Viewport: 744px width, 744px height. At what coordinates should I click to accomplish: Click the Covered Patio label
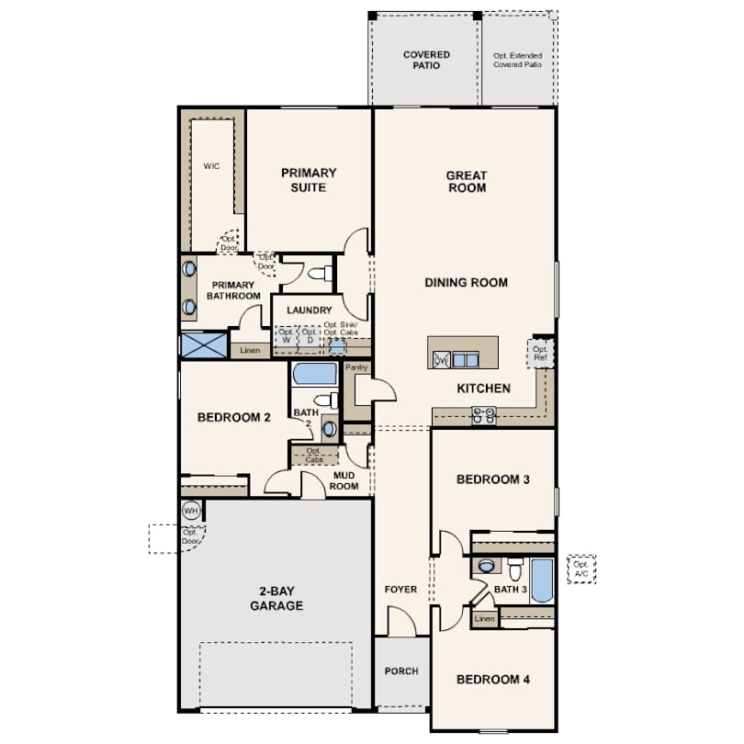(x=426, y=61)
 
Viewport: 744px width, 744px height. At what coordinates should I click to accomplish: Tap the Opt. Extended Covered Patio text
(x=517, y=61)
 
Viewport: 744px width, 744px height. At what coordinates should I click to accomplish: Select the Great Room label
(x=466, y=181)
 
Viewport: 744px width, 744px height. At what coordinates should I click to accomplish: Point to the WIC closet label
(x=210, y=166)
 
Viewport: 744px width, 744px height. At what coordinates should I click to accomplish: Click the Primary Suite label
(x=309, y=179)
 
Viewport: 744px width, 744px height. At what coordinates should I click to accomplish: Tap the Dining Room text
(x=466, y=283)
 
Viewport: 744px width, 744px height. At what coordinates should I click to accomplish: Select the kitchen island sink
(x=465, y=359)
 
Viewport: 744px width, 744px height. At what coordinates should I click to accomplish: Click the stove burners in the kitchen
(x=484, y=415)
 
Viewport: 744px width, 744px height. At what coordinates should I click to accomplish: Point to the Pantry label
(x=356, y=368)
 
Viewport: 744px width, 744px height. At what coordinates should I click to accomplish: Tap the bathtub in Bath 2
(x=315, y=374)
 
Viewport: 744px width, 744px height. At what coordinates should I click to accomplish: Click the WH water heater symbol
(x=191, y=511)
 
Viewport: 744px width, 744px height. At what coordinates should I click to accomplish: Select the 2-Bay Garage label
(x=276, y=599)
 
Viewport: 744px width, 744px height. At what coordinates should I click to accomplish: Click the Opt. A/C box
(x=581, y=569)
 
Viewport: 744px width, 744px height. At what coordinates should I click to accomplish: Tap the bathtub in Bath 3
(x=542, y=580)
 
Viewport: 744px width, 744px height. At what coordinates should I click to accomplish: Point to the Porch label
(x=401, y=671)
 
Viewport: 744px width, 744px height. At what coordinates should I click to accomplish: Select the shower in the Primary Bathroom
(x=202, y=345)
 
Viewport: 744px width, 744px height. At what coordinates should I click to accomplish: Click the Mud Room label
(x=344, y=480)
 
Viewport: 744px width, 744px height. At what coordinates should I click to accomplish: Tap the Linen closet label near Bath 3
(x=485, y=619)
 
